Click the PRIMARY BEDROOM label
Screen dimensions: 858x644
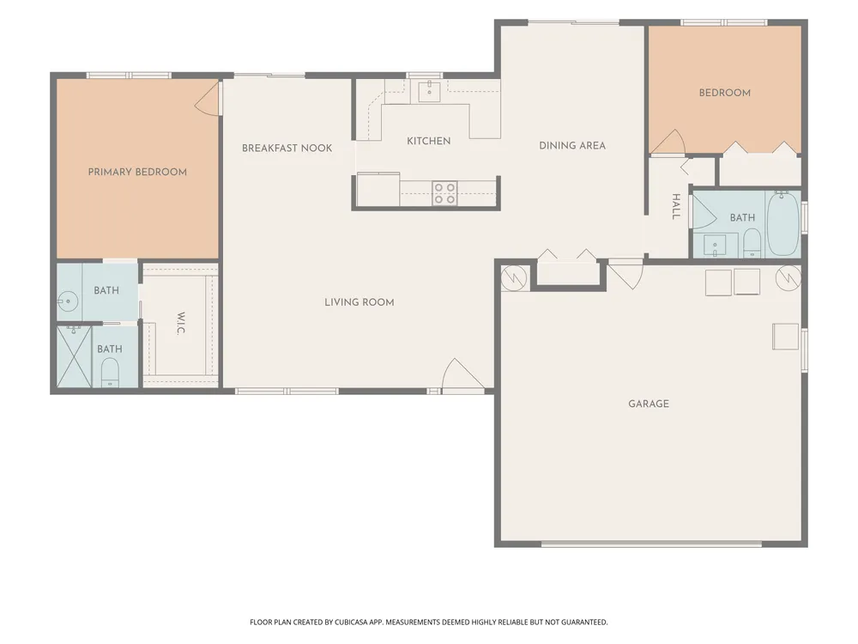tap(137, 172)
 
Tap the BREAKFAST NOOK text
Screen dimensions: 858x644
tap(287, 148)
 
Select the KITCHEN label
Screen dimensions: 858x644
tap(428, 141)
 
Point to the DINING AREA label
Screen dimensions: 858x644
tap(571, 145)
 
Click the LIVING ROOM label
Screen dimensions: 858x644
tap(359, 301)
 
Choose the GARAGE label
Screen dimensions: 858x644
tap(649, 404)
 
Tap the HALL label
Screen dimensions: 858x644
tap(676, 206)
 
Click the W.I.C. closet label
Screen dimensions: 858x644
tap(181, 323)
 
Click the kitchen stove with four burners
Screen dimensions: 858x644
tap(444, 193)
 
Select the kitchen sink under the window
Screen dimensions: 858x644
tap(430, 92)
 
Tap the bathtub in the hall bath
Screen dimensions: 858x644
tap(783, 223)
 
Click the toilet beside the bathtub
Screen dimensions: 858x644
tap(752, 243)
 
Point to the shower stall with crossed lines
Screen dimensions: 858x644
tap(75, 356)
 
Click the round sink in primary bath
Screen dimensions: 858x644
tap(68, 301)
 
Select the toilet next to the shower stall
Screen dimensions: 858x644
tap(110, 373)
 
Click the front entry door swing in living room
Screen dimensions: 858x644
tap(462, 376)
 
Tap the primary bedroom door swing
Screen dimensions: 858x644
tap(208, 99)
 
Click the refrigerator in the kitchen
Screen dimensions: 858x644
tap(378, 190)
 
